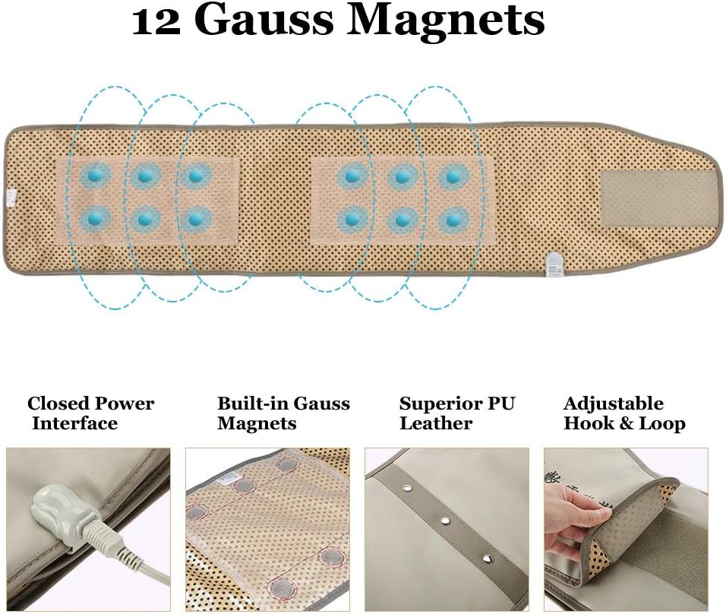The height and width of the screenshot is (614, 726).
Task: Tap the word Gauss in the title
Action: [x=265, y=22]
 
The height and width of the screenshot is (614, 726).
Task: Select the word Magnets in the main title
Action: [x=446, y=22]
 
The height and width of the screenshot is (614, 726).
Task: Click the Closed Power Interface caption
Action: [x=90, y=413]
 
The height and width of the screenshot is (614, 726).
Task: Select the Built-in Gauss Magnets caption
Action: [x=283, y=413]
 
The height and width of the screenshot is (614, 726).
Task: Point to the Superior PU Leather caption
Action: [x=457, y=413]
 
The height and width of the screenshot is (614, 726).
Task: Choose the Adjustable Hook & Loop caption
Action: [x=624, y=413]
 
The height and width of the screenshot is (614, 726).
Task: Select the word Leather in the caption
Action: [x=437, y=423]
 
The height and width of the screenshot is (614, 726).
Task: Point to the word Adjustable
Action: [x=614, y=404]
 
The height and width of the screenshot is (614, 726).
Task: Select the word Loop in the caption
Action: [x=663, y=423]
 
